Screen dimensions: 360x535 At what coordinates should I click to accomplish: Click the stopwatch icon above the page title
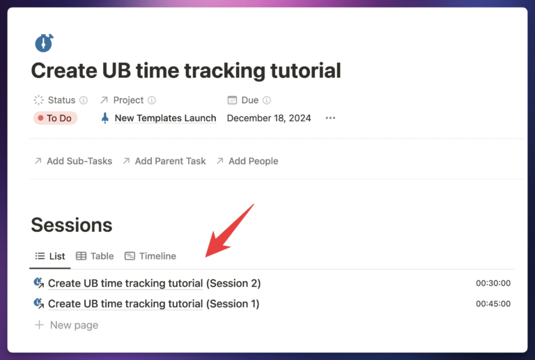pos(44,43)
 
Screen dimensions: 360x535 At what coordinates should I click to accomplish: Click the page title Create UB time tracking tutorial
pos(186,70)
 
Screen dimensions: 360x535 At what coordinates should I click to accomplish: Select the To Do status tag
pos(55,118)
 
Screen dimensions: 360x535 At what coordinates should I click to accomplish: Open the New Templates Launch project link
pos(165,118)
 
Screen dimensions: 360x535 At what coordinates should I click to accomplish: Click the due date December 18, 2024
pos(269,118)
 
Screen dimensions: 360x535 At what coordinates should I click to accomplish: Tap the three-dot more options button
pos(330,118)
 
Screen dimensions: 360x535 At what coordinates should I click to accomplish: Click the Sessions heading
pos(72,225)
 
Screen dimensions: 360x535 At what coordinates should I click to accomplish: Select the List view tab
pos(50,256)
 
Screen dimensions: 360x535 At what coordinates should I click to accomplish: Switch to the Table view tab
pos(95,256)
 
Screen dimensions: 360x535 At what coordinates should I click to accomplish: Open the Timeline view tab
pos(150,256)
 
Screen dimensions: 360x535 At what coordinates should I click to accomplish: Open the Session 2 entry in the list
pos(154,283)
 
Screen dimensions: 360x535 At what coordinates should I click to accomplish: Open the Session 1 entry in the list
pos(153,304)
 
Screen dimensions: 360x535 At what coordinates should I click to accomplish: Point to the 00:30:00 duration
pos(493,283)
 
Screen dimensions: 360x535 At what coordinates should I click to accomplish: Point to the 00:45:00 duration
pos(493,304)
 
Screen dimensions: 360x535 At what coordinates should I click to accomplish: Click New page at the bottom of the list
pos(74,325)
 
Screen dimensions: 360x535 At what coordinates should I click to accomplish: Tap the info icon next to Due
pos(267,100)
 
